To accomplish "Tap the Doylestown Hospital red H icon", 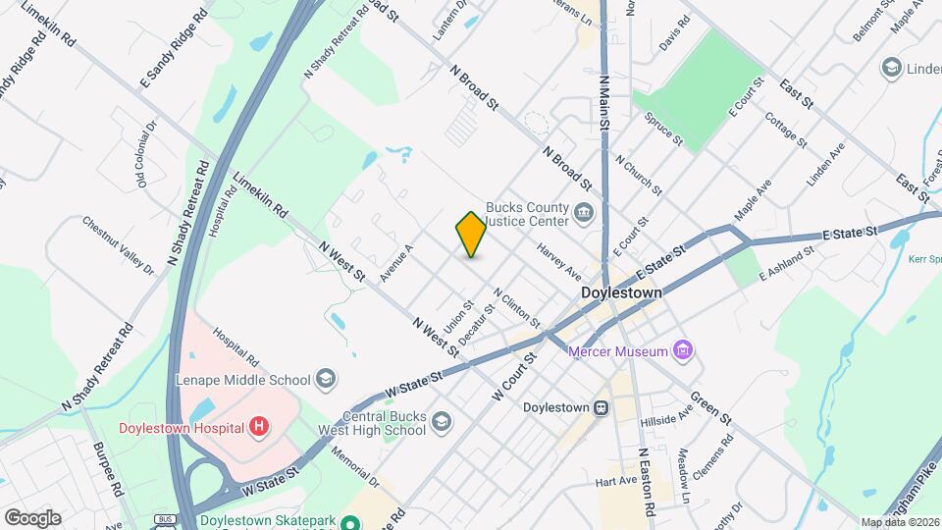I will click(258, 427).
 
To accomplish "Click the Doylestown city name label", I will click(621, 293).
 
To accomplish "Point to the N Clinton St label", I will click(517, 307).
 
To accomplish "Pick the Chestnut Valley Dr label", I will click(119, 245).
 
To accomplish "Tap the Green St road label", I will click(711, 405).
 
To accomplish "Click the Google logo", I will click(31, 517).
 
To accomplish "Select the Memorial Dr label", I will click(354, 467).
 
